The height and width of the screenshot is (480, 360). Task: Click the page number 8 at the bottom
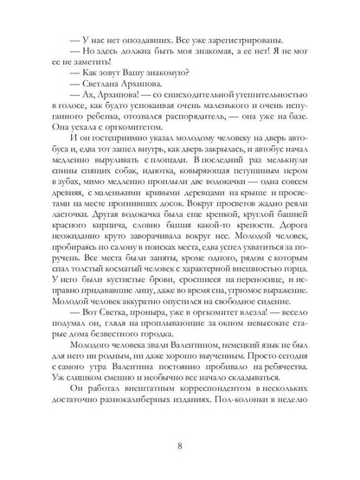[x=180, y=445]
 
